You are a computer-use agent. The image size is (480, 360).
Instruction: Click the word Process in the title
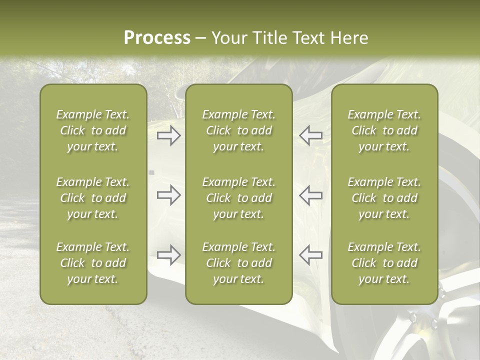click(x=157, y=38)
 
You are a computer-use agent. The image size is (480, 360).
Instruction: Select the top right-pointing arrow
click(x=168, y=135)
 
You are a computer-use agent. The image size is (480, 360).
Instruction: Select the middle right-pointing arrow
click(x=168, y=195)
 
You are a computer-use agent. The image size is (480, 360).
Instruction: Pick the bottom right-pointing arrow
click(x=168, y=254)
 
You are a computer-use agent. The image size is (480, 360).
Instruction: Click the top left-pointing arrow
click(x=311, y=135)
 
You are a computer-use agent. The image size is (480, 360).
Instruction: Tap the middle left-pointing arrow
click(x=311, y=195)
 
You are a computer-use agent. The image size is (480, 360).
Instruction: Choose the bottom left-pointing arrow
click(x=311, y=254)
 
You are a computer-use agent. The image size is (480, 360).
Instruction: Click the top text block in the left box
click(x=93, y=130)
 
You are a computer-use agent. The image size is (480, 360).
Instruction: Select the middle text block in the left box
click(x=93, y=198)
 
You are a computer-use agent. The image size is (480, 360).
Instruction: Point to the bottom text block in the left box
click(x=93, y=263)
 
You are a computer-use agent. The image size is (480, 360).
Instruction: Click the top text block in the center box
click(x=238, y=130)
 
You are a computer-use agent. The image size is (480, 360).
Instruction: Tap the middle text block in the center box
click(x=238, y=198)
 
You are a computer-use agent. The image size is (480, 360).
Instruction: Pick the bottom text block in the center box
click(x=238, y=263)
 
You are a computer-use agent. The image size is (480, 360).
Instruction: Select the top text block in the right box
click(x=384, y=130)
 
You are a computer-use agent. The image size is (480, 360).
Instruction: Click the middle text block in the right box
click(x=384, y=198)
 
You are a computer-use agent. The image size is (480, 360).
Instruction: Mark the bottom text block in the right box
click(x=384, y=263)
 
